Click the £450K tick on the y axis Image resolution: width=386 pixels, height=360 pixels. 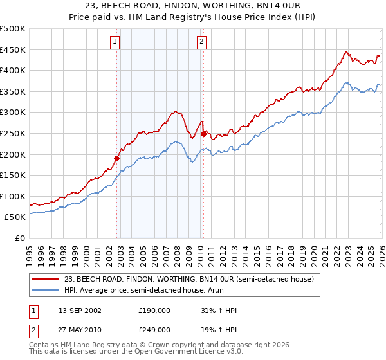[13, 50]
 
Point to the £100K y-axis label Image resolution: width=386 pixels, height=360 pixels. [13, 196]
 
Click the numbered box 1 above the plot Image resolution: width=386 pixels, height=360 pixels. [115, 42]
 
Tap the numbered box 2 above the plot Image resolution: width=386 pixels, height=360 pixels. [201, 42]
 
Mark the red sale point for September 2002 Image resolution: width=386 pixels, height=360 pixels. [117, 158]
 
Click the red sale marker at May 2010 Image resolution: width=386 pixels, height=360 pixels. [204, 134]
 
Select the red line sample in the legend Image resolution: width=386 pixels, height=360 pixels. [46, 279]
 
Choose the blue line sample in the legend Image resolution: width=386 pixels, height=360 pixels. [46, 290]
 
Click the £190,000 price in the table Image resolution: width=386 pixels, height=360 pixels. [154, 310]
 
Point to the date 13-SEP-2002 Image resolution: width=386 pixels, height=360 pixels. [75, 310]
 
